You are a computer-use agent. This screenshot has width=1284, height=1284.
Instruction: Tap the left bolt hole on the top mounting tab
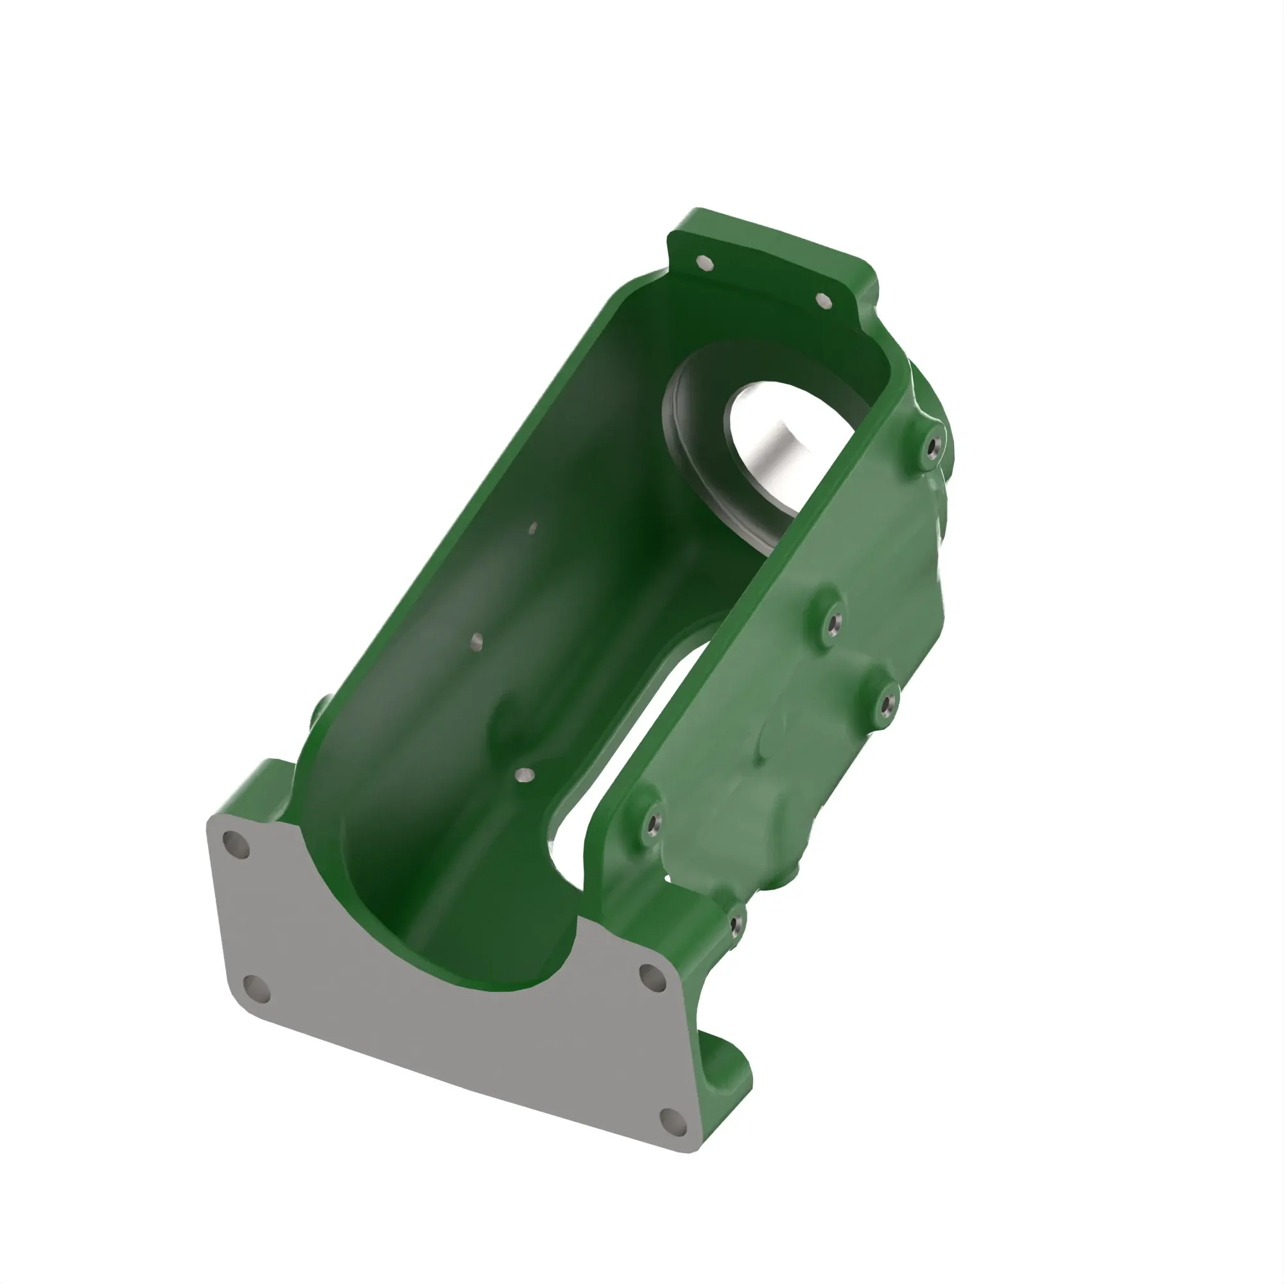[706, 264]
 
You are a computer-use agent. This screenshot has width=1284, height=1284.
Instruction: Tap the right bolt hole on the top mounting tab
[824, 300]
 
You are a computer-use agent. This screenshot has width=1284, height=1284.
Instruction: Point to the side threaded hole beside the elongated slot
[654, 824]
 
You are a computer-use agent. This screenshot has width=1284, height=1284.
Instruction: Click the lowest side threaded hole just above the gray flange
[736, 924]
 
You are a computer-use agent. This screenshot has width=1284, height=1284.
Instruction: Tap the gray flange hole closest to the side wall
[652, 977]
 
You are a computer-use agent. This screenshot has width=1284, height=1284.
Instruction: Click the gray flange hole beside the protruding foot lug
[673, 1121]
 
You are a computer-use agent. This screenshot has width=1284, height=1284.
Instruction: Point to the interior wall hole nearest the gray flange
[525, 774]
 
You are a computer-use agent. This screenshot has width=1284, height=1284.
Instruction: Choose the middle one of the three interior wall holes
[476, 641]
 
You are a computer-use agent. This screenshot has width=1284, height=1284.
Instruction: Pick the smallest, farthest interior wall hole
[532, 528]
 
